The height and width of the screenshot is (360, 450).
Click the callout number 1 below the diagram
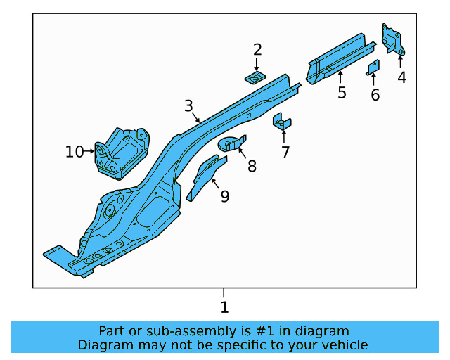[224, 307]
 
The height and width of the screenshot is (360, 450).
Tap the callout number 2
[257, 49]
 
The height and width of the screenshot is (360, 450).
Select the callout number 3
[188, 106]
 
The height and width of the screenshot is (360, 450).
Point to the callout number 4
[401, 77]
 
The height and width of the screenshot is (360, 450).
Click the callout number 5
[342, 93]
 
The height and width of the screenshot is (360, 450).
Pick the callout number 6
[375, 95]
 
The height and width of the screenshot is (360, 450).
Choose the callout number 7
[285, 152]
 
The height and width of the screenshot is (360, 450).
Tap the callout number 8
[251, 167]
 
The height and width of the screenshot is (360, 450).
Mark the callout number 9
[224, 196]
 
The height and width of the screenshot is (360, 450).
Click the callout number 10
[75, 151]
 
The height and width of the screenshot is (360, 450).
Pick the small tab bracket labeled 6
[374, 67]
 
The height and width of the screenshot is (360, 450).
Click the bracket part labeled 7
[282, 122]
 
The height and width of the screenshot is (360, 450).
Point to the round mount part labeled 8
[230, 144]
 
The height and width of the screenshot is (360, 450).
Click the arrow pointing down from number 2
[257, 63]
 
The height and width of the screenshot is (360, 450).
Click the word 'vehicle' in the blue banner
[342, 345]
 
